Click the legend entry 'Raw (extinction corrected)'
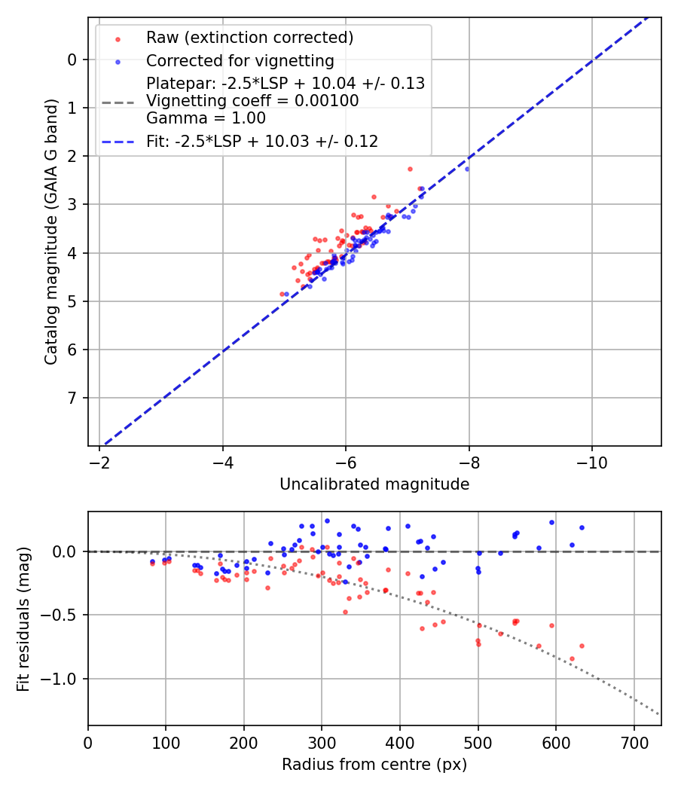click(x=249, y=38)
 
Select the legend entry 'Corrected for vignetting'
click(x=240, y=61)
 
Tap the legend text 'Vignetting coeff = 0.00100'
click(x=252, y=100)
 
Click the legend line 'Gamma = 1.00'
click(x=206, y=118)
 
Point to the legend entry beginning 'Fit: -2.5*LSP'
click(x=262, y=141)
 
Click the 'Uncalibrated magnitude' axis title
click(x=374, y=484)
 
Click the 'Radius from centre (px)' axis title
click(x=374, y=765)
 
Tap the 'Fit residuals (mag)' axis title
click(x=23, y=619)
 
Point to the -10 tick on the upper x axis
click(x=591, y=460)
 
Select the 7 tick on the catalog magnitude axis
click(x=72, y=398)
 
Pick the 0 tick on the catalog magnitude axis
click(x=72, y=60)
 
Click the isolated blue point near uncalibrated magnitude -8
click(x=466, y=169)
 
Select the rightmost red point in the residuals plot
click(x=582, y=646)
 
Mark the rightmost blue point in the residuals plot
click(x=582, y=527)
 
